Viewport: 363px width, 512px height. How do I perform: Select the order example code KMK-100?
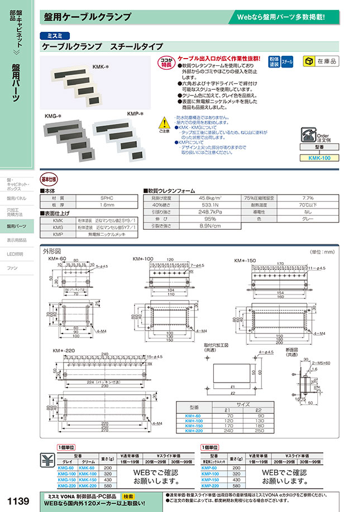pyautogui.click(x=319, y=158)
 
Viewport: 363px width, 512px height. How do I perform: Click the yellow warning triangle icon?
pyautogui.click(x=163, y=122)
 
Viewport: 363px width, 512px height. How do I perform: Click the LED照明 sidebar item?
pyautogui.click(x=15, y=254)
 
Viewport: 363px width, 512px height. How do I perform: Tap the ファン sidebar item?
pyautogui.click(x=12, y=268)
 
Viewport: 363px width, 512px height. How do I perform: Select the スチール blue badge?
pyautogui.click(x=287, y=61)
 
